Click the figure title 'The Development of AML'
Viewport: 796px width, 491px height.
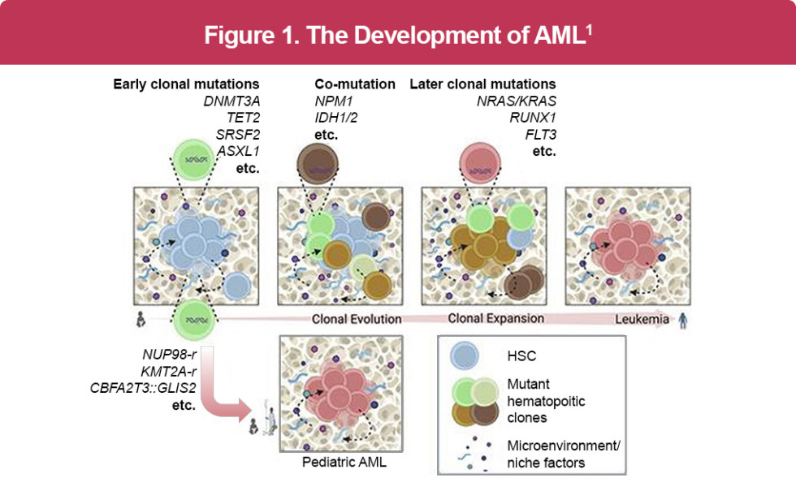click(x=397, y=36)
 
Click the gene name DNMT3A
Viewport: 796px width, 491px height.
click(x=231, y=101)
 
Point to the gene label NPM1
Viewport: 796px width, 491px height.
click(x=333, y=101)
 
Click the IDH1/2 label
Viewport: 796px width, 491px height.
click(x=337, y=118)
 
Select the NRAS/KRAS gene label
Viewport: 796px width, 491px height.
click(x=516, y=101)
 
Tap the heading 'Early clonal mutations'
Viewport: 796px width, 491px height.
click(x=186, y=84)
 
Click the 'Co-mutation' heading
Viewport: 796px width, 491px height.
click(x=355, y=84)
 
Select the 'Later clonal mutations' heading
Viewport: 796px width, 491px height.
click(x=482, y=84)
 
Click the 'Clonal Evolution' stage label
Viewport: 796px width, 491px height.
click(x=357, y=319)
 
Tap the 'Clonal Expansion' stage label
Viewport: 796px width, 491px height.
click(x=495, y=319)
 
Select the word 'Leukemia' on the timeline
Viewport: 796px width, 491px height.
click(x=641, y=319)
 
